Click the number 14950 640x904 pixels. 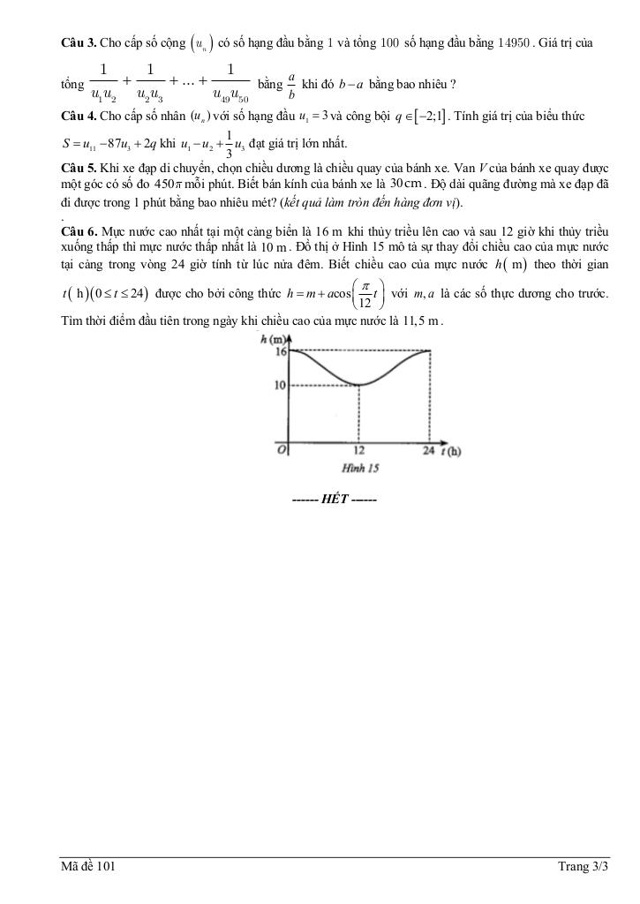tap(515, 41)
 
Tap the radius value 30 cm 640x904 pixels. tap(406, 184)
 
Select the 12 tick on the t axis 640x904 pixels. tap(359, 451)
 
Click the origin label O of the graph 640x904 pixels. tap(282, 449)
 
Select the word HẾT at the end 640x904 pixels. tap(335, 500)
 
